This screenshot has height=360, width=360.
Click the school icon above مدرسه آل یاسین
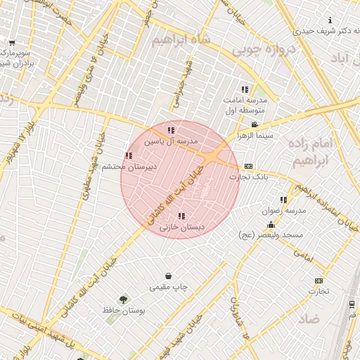tap(171, 130)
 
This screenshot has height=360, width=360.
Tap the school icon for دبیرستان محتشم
tap(129, 155)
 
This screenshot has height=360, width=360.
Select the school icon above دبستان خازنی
tap(181, 217)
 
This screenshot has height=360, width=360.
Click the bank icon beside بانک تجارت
tap(248, 167)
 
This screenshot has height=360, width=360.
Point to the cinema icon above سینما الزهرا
tap(254, 124)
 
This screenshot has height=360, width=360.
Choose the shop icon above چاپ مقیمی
tap(168, 276)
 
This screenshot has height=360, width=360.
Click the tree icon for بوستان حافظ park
tap(124, 300)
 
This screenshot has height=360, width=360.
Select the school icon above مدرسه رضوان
tap(283, 200)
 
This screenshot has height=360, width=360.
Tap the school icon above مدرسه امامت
tap(244, 90)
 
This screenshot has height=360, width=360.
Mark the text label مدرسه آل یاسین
tap(172, 141)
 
